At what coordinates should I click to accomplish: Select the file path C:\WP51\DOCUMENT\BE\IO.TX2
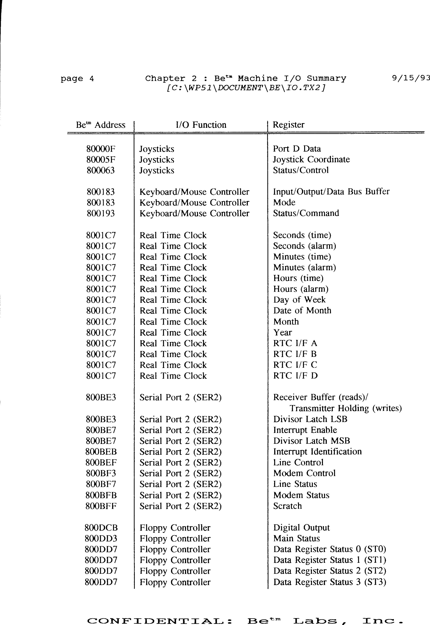[x=246, y=88]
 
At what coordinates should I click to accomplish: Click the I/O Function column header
[x=201, y=125]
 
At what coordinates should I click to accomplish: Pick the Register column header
[x=288, y=125]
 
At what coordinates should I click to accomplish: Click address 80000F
[x=101, y=149]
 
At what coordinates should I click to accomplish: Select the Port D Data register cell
[x=297, y=149]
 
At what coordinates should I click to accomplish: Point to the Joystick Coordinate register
[x=311, y=160]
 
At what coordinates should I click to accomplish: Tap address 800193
[x=101, y=213]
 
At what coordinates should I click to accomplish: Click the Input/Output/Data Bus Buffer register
[x=331, y=192]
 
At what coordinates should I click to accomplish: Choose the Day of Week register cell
[x=299, y=300]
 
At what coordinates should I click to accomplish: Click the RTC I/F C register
[x=295, y=365]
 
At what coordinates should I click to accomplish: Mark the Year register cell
[x=282, y=333]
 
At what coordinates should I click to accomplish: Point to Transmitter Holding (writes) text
[x=345, y=408]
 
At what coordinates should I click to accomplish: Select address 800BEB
[x=101, y=452]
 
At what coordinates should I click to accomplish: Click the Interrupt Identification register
[x=317, y=452]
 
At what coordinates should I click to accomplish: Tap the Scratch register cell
[x=287, y=506]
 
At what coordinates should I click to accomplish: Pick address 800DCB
[x=101, y=528]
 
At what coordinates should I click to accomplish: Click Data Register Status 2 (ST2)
[x=329, y=571]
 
